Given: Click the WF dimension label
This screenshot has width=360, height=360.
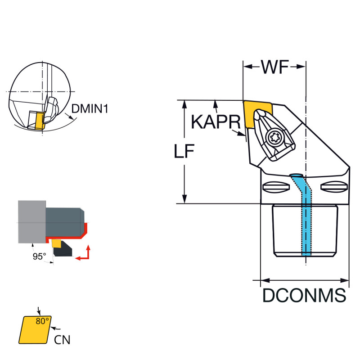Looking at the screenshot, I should (x=275, y=67).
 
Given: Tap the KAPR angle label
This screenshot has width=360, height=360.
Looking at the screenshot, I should (x=215, y=121).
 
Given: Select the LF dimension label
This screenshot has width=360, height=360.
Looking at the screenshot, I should (x=184, y=152).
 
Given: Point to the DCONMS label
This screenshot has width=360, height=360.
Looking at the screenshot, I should (x=304, y=296).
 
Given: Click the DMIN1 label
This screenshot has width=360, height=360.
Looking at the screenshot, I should (x=90, y=108).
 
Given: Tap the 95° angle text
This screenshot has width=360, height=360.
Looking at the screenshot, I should (x=39, y=256).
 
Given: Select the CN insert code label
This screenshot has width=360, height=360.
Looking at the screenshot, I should (x=63, y=340).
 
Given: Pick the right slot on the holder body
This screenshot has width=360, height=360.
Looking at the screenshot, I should (x=333, y=187).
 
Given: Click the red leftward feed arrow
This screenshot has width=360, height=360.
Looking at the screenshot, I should (x=80, y=258).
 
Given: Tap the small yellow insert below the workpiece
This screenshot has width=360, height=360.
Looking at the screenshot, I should (x=56, y=243).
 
